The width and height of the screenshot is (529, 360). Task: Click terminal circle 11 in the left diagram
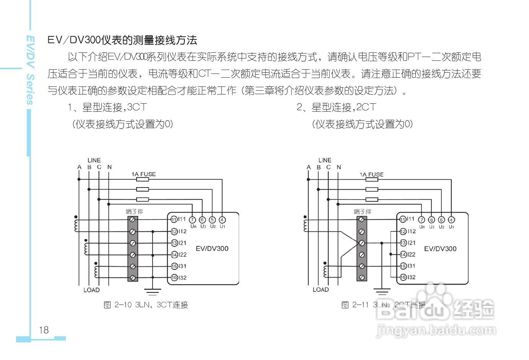174,220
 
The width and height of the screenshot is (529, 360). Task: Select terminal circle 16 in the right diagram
403,277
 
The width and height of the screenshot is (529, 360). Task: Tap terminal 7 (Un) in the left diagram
192,220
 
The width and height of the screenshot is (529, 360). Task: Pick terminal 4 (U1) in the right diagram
451,220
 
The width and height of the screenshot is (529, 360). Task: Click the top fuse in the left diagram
143,179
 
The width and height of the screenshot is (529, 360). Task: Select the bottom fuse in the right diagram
372,199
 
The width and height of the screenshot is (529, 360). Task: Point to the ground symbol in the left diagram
153,292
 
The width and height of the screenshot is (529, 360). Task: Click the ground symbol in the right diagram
382,292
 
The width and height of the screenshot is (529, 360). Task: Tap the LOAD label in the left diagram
91,290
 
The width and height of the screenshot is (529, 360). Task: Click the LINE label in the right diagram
324,160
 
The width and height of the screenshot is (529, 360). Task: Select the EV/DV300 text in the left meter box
212,249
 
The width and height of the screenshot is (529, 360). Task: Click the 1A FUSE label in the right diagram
371,174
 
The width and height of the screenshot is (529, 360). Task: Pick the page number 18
44,330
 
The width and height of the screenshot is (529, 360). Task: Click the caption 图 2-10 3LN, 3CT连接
146,305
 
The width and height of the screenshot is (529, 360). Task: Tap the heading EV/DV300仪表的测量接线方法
122,40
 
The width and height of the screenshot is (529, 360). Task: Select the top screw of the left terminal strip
133,220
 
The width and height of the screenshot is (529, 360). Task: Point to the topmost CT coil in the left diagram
77,225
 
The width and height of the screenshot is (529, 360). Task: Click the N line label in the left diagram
109,167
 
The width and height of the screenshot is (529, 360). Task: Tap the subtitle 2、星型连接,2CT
337,107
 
